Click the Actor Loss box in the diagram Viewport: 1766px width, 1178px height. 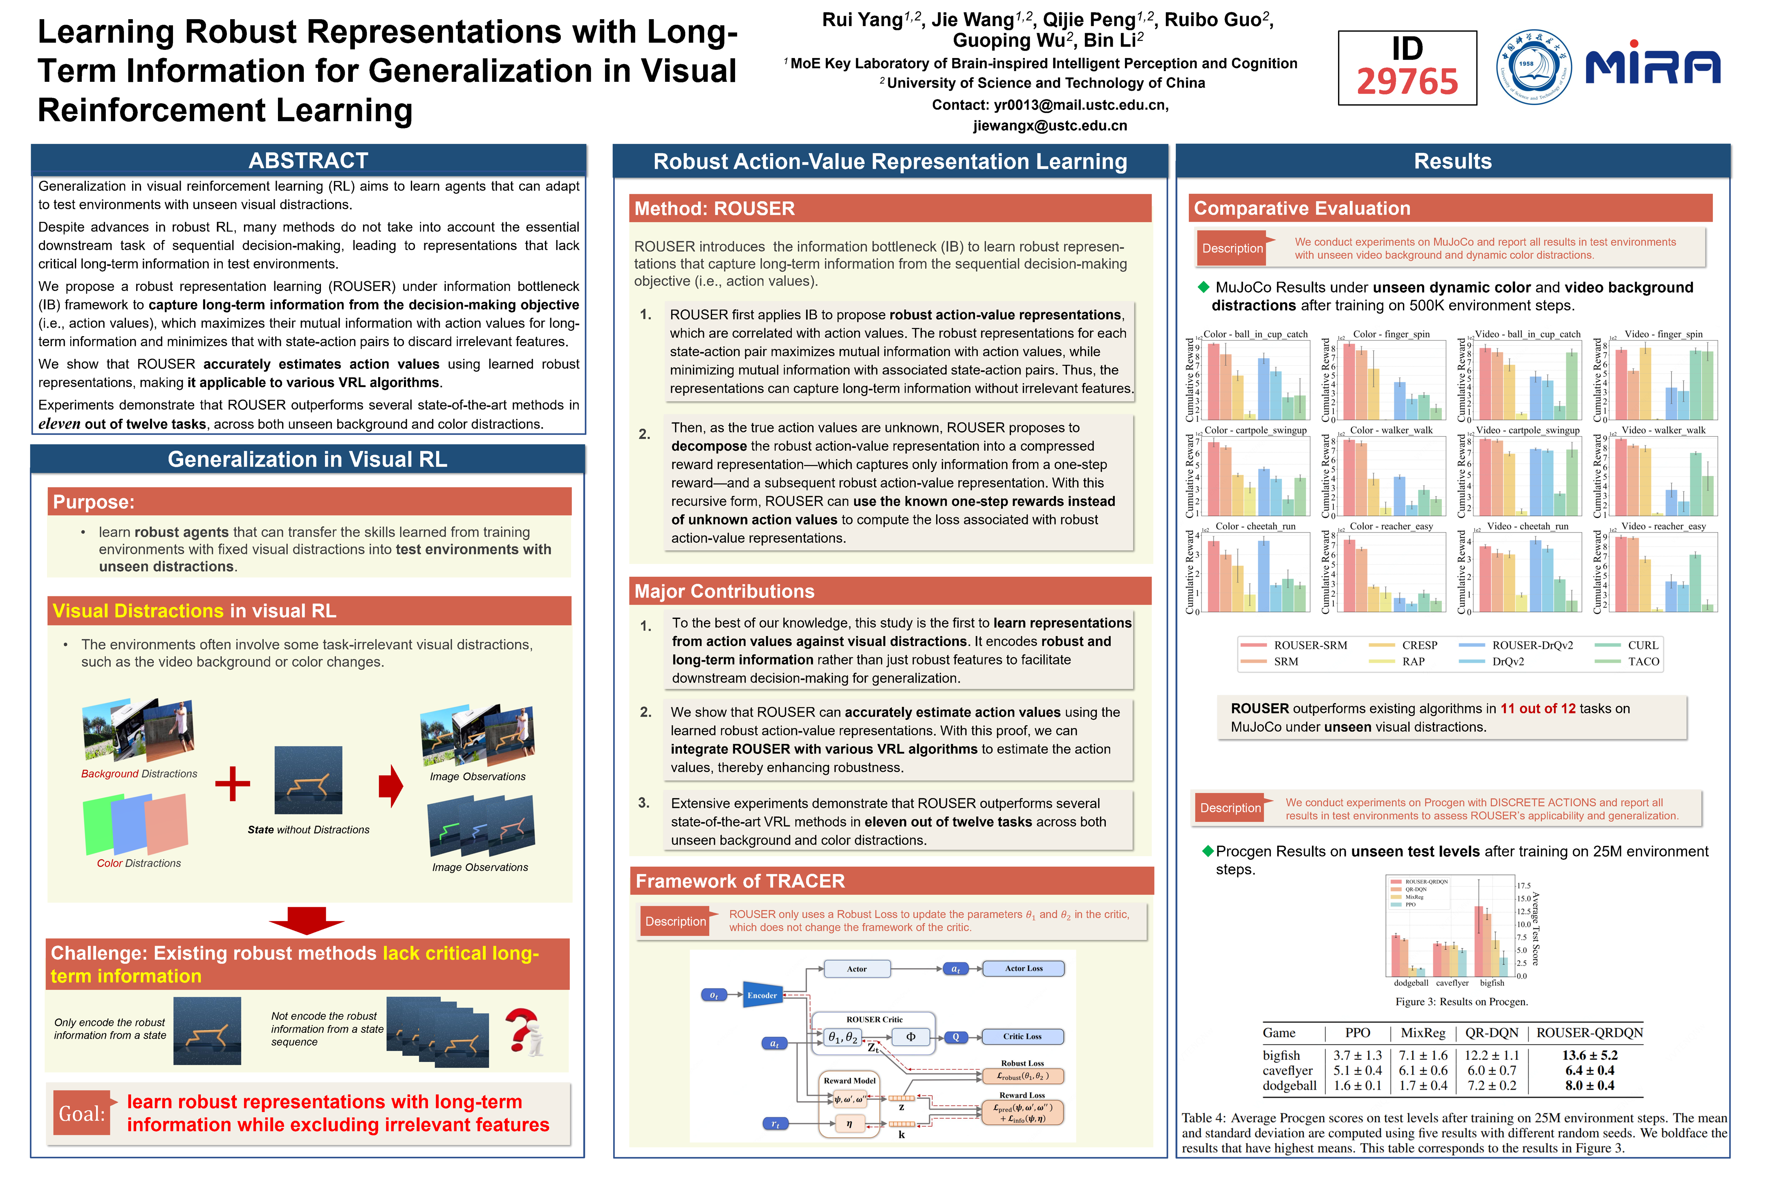[x=1023, y=969]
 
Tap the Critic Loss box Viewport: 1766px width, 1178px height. [x=1022, y=1037]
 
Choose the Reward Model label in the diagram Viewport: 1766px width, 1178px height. [x=849, y=1080]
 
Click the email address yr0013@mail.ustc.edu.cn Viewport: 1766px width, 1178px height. [x=1080, y=105]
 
